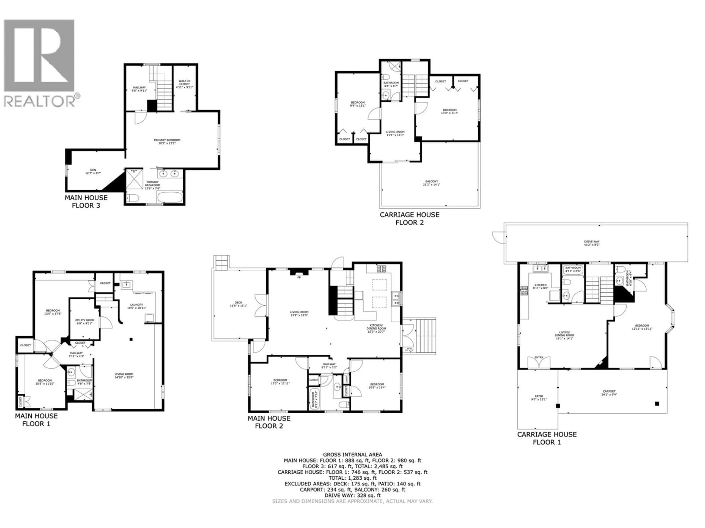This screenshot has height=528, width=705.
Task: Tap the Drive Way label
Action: tap(592, 243)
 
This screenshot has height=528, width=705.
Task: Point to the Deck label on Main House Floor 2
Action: tap(238, 304)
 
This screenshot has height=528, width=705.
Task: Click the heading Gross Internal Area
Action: tap(352, 455)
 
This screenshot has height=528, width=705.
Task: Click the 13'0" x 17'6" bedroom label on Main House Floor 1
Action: tap(53, 312)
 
